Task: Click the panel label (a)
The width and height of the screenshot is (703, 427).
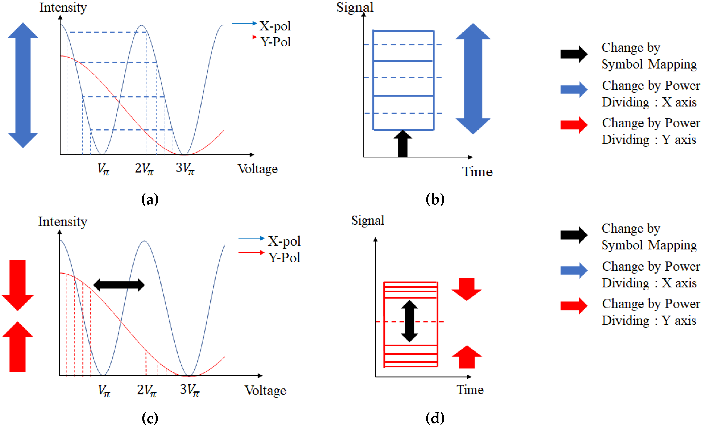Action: [150, 199]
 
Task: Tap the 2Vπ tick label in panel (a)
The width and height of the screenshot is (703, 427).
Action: [144, 169]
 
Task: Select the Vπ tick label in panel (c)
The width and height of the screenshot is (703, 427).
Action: [104, 391]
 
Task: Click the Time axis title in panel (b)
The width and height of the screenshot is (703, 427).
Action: [477, 172]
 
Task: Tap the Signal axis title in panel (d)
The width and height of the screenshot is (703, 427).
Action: [367, 220]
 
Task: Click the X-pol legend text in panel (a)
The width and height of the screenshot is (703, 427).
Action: [275, 26]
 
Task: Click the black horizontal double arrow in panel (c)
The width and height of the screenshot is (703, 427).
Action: [119, 285]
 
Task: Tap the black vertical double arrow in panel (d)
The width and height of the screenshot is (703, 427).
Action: [409, 321]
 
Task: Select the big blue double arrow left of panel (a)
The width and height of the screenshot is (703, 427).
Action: [23, 85]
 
